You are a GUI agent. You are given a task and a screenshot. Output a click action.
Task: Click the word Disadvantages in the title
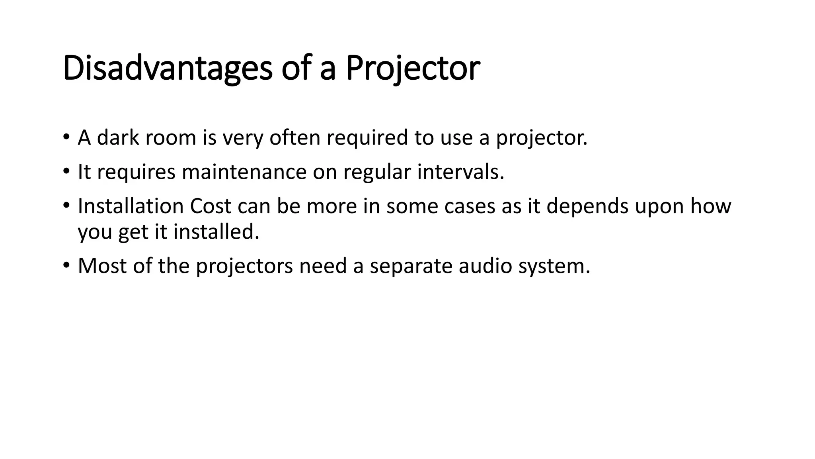pos(167,69)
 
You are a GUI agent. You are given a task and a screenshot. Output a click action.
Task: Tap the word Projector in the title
pos(413,69)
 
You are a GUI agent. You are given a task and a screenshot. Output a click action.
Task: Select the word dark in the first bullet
pos(118,138)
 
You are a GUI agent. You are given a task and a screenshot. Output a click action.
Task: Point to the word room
pos(171,138)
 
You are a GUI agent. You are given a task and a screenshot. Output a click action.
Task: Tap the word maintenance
pos(244,172)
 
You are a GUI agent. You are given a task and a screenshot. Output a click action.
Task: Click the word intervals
pos(460,172)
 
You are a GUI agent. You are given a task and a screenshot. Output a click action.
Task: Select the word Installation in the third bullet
pos(131,206)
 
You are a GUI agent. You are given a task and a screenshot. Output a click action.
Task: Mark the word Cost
pos(211,206)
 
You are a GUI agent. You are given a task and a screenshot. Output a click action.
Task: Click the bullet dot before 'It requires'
pos(66,172)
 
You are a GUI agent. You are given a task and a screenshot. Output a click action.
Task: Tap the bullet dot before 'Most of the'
pos(66,265)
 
